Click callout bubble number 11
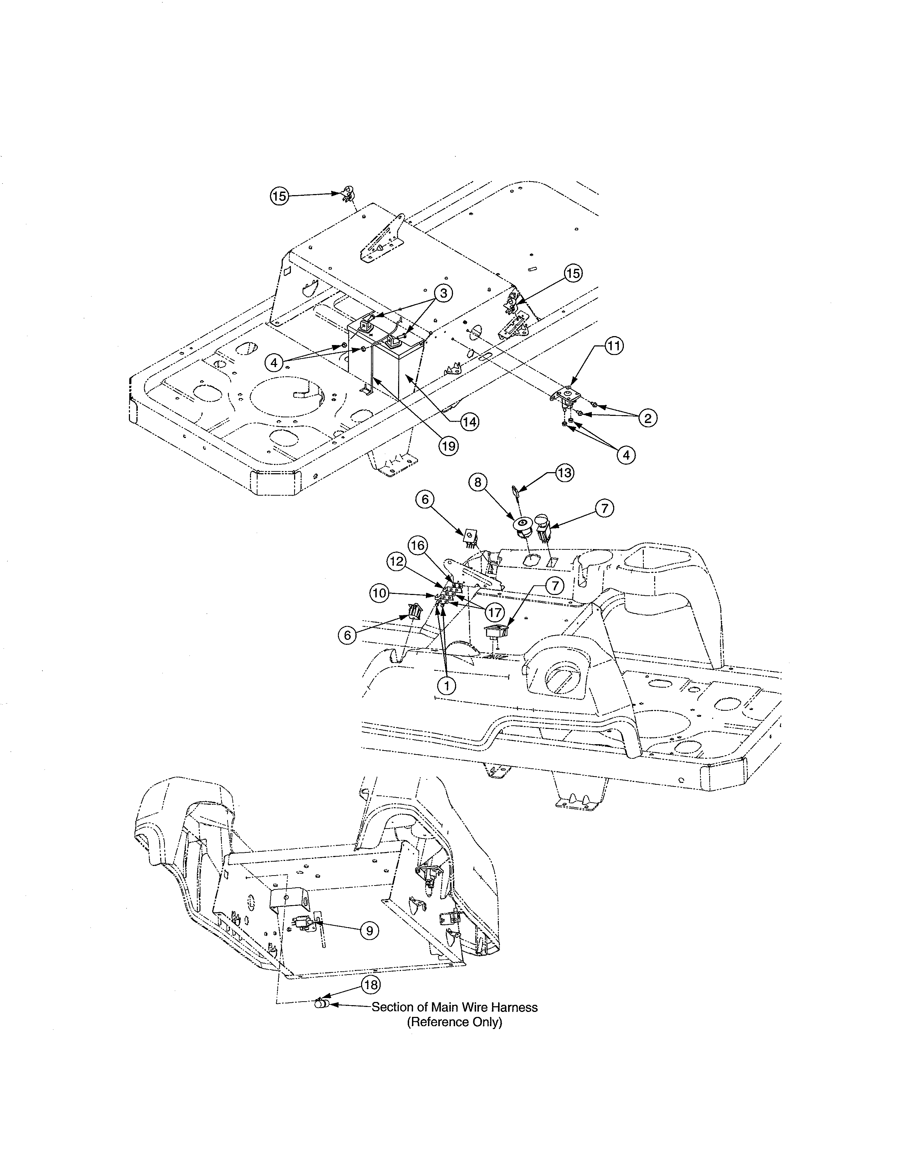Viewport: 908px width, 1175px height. (614, 346)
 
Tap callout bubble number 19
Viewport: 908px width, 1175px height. (448, 445)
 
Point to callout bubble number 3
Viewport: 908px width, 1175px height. (443, 293)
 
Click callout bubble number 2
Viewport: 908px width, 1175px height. (648, 418)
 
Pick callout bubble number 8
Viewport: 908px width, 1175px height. (478, 482)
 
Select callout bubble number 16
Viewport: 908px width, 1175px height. (418, 545)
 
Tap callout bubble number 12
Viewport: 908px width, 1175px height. (396, 562)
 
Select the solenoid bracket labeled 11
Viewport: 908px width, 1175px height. (566, 395)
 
